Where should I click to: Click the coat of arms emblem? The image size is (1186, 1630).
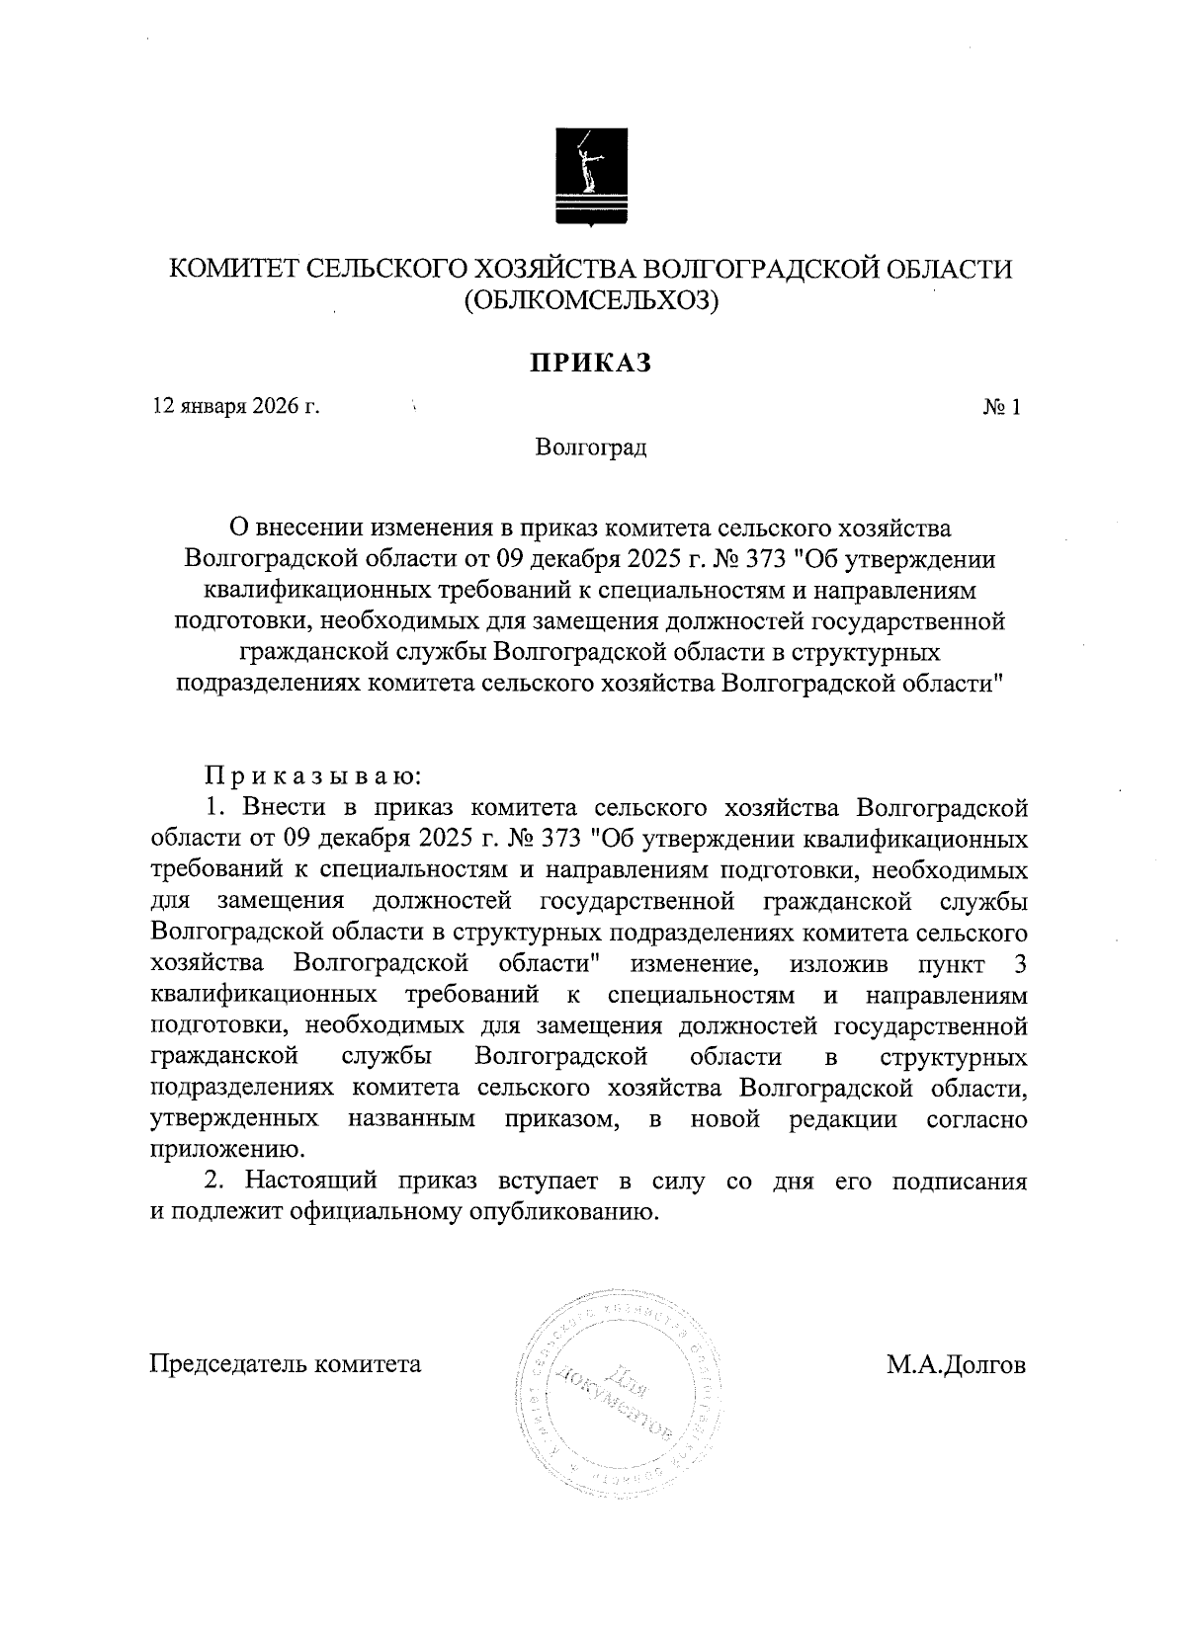point(590,179)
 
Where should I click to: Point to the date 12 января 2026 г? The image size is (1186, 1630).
point(235,406)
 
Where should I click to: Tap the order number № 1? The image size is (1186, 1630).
point(1001,407)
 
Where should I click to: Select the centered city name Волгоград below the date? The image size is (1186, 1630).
point(591,448)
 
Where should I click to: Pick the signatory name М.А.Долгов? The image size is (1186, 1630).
point(956,1365)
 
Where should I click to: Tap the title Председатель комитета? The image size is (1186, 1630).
point(286,1365)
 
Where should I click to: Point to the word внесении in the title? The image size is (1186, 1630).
point(313,530)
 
